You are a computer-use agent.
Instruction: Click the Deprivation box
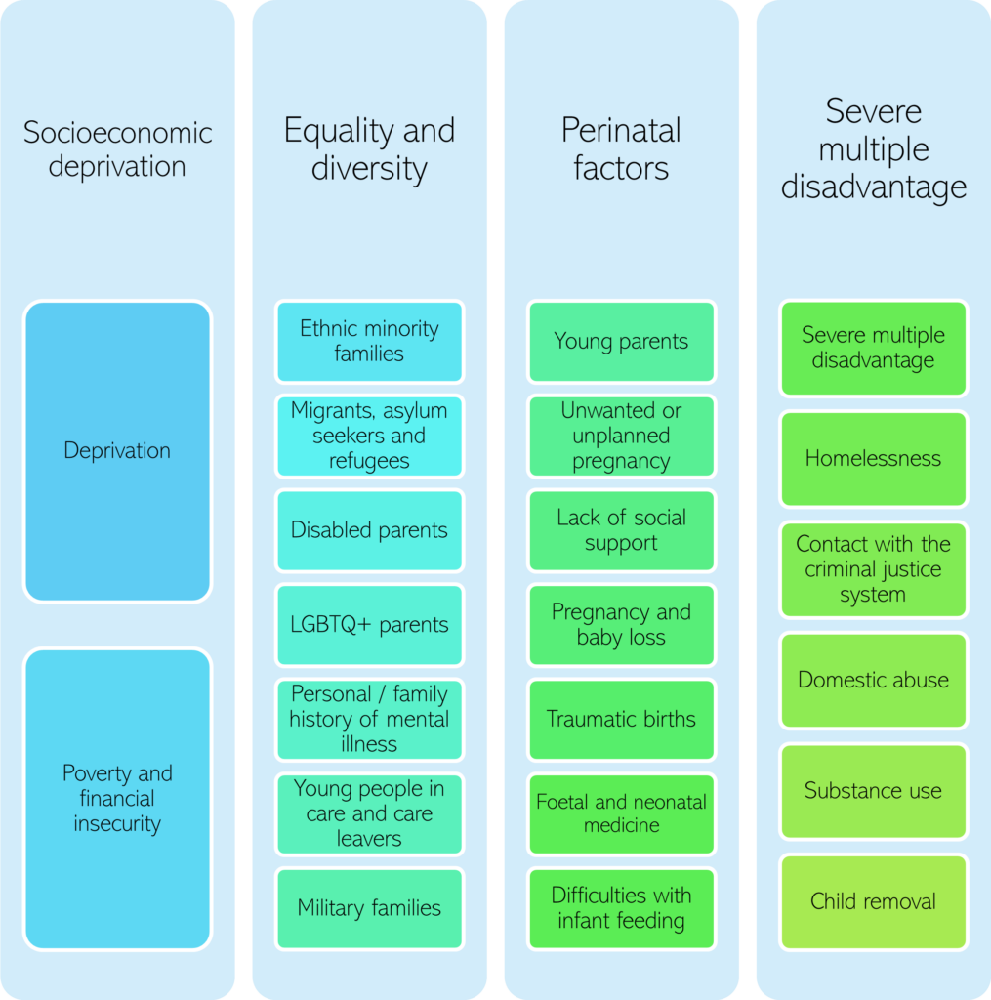[117, 450]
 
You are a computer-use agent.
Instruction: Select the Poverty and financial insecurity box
[117, 798]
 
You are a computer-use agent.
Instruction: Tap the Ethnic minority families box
[369, 341]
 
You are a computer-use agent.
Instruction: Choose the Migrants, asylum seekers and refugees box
[369, 436]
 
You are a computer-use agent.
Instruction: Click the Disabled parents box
[369, 530]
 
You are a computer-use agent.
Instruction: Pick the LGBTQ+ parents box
[369, 625]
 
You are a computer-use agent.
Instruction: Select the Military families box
[369, 908]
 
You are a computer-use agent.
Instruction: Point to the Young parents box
[621, 341]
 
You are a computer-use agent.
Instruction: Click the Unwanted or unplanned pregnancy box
[621, 436]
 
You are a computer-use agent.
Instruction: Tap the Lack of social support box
[621, 530]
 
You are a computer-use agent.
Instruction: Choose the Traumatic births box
[621, 720]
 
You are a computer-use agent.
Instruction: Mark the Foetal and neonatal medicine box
[621, 813]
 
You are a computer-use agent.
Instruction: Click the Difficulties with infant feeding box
[621, 908]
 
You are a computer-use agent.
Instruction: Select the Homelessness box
[873, 459]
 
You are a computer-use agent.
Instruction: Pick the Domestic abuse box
[873, 680]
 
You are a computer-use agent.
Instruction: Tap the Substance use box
[873, 791]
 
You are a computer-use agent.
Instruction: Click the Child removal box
[873, 901]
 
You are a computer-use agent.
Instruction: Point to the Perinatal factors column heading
[621, 148]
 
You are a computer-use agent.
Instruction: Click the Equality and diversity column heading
[369, 148]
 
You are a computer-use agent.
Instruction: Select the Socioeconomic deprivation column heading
[117, 148]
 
